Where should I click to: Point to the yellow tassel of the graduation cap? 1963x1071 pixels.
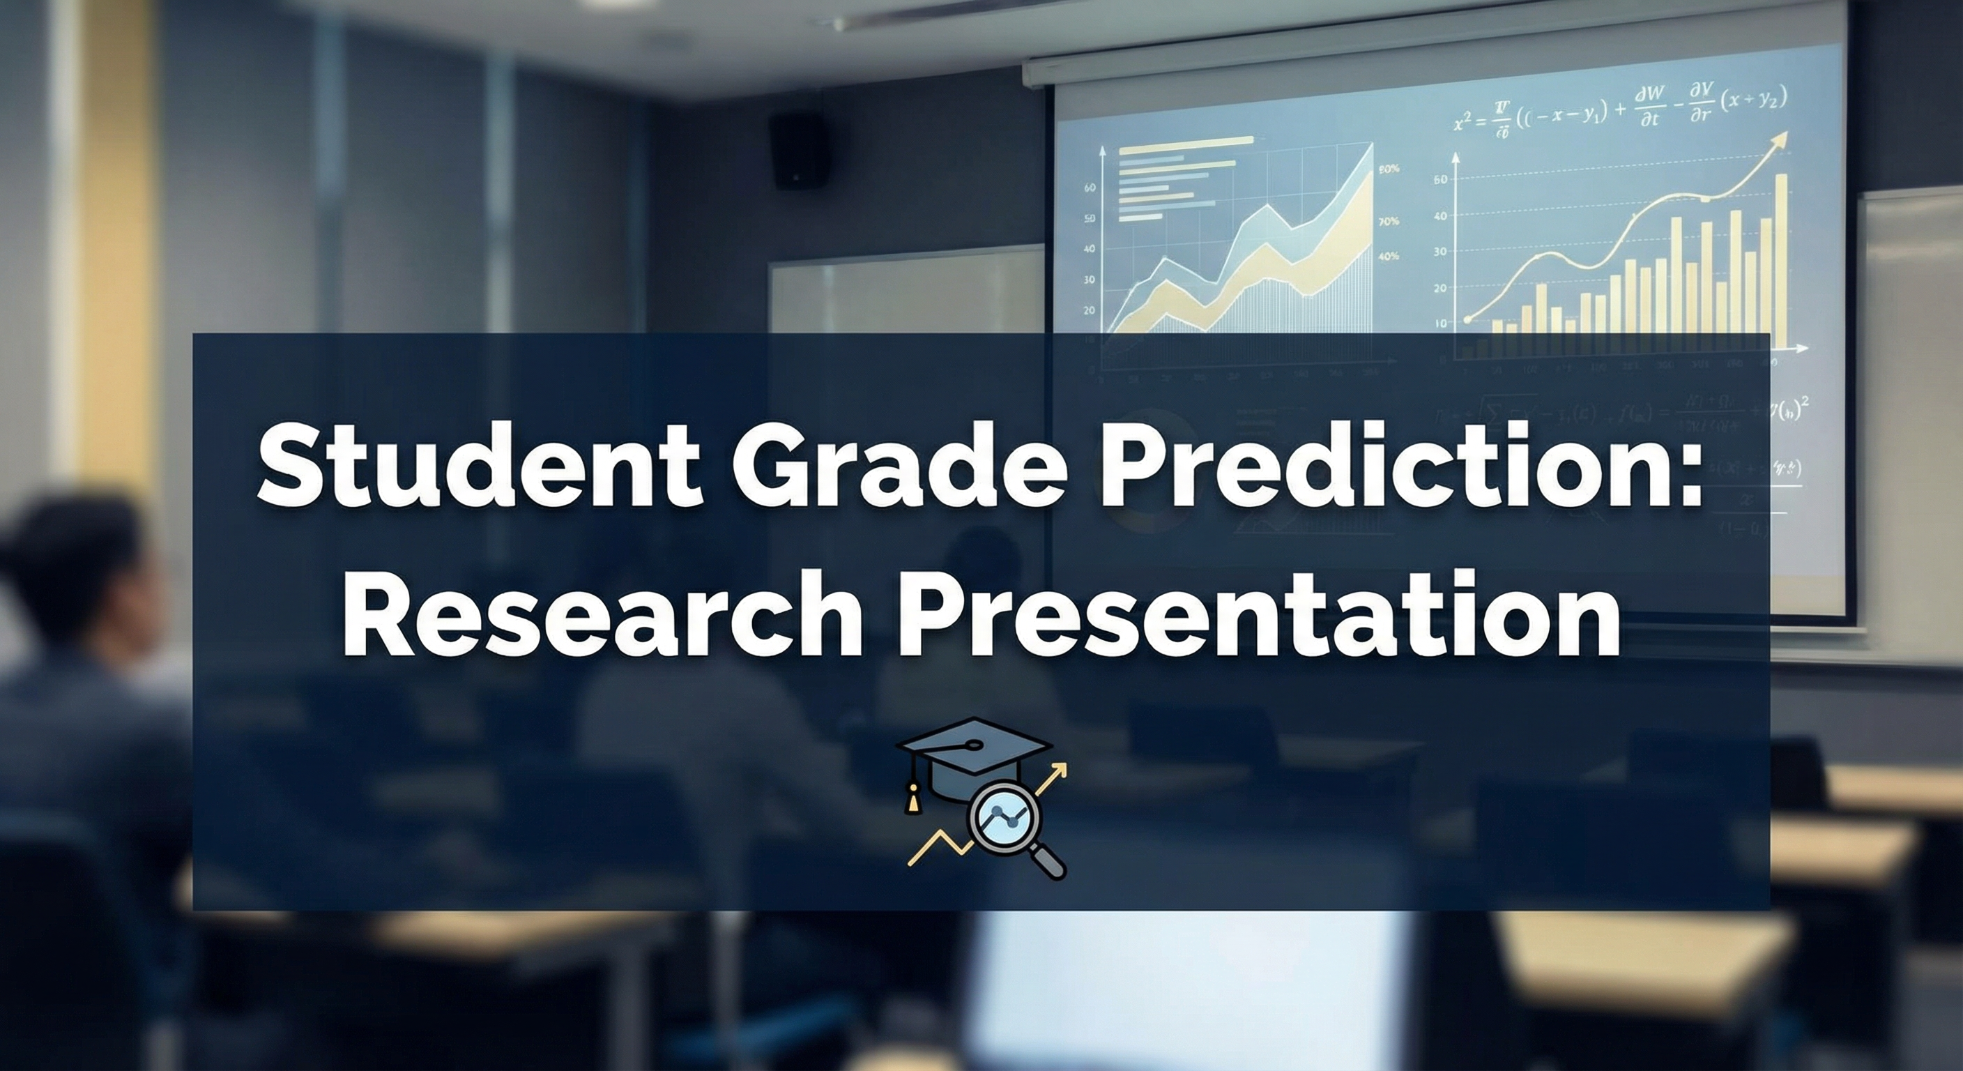(910, 800)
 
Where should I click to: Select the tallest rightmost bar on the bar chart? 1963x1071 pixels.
(1781, 259)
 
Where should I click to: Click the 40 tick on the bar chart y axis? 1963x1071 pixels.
(1439, 215)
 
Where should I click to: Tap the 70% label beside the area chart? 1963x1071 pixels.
(1389, 222)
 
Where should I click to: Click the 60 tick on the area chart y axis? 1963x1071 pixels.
(1090, 188)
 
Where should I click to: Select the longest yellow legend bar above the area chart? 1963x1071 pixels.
(1185, 140)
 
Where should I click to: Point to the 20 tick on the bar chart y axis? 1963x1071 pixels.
(1439, 288)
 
